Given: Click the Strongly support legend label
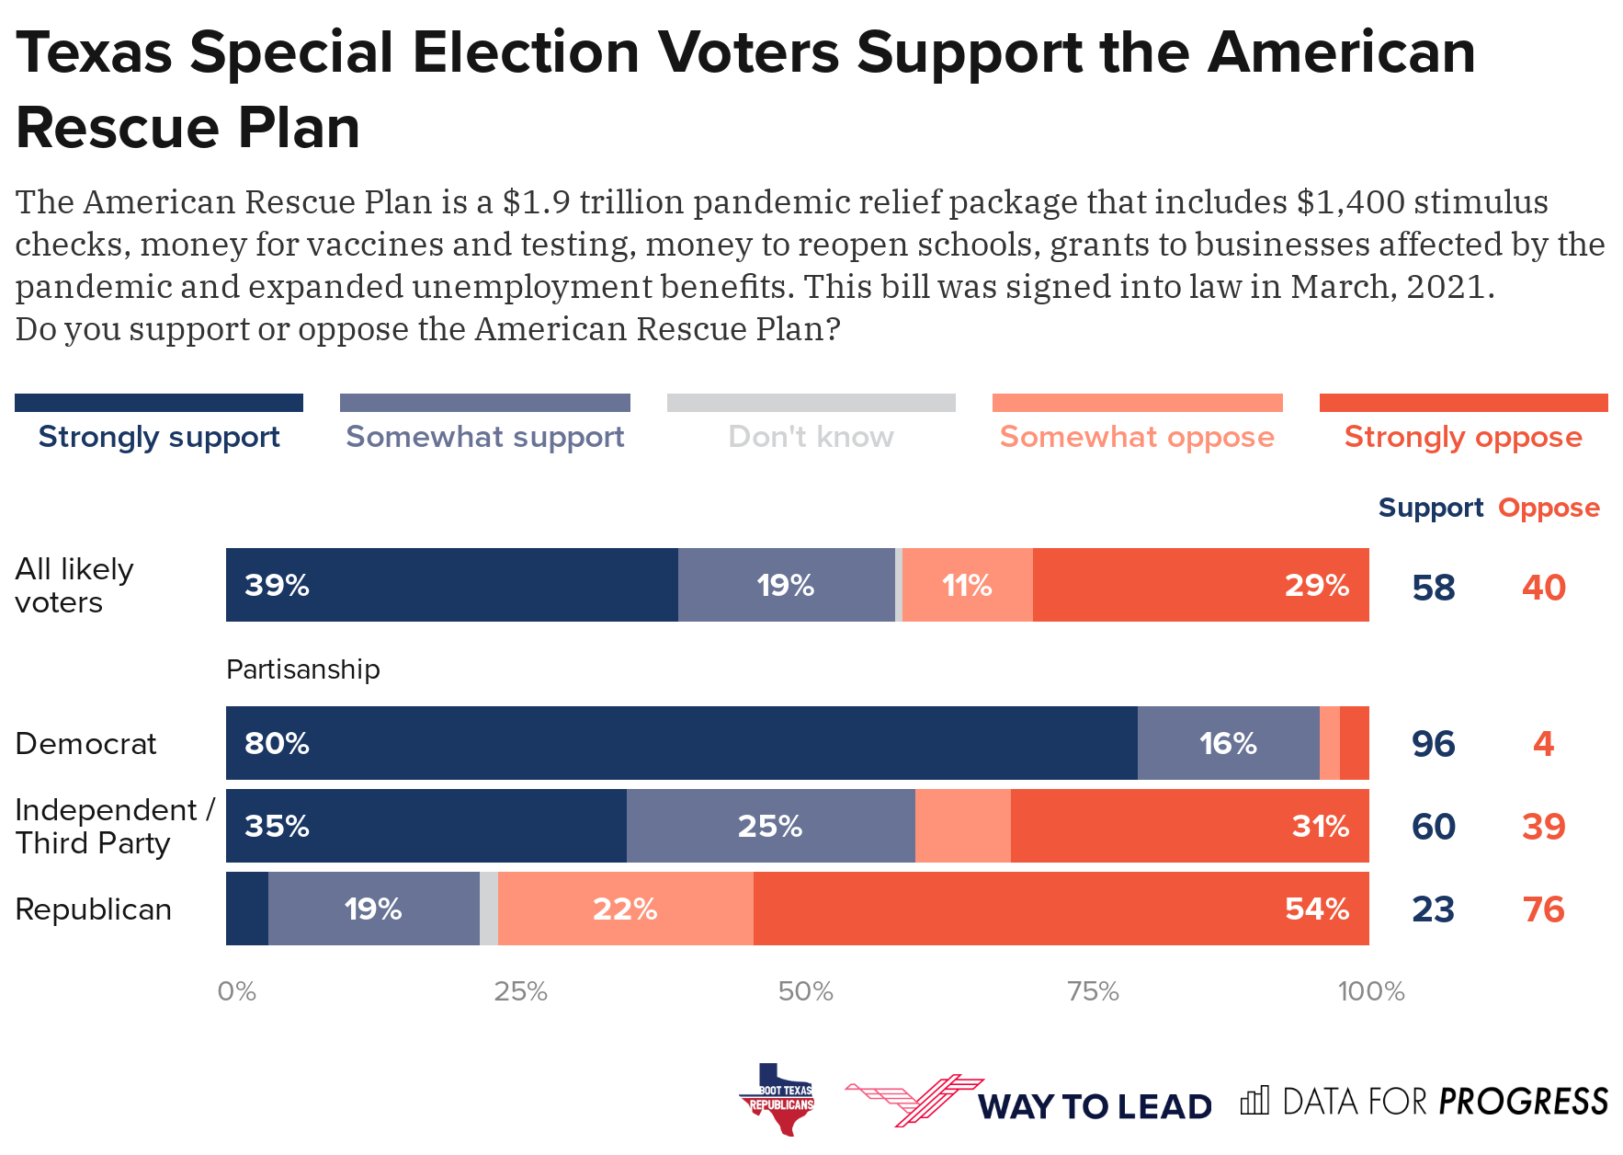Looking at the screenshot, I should [159, 437].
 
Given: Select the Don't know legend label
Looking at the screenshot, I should [811, 437].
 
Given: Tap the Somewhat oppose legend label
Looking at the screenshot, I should [1137, 437].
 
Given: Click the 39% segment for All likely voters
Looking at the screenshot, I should [451, 585].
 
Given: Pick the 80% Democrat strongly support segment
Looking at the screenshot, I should [681, 743].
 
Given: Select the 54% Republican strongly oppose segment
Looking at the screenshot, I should [1061, 909].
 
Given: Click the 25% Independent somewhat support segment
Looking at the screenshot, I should [770, 826].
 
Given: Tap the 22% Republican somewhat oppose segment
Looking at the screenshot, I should [625, 909].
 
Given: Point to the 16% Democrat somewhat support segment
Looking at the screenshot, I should [1228, 743].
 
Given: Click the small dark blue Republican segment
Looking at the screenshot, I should [247, 909].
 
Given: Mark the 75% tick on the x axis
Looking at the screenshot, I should [1093, 991].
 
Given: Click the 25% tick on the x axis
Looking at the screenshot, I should [520, 991].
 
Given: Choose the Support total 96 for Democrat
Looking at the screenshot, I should [1433, 744].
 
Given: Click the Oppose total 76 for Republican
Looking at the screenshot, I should [1543, 909].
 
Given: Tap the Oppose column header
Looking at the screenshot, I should [1549, 508].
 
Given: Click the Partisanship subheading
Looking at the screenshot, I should [302, 669].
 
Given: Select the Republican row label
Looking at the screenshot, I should [93, 909].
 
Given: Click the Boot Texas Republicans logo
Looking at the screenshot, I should [777, 1099].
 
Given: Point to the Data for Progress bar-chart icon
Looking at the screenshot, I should [1254, 1101].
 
